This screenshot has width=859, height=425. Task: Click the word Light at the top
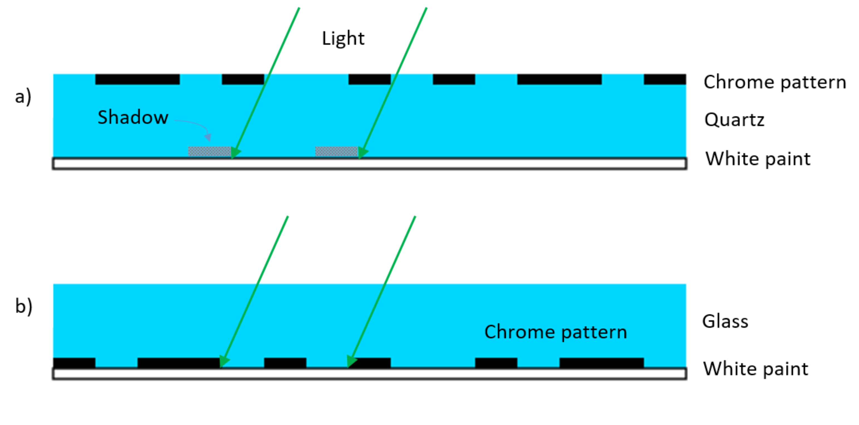(x=343, y=39)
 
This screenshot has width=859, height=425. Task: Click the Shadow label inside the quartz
(x=133, y=117)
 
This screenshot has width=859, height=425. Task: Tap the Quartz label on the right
(x=734, y=120)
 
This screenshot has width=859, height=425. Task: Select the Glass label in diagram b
(x=725, y=321)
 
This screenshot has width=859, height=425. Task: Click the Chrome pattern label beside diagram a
(x=775, y=82)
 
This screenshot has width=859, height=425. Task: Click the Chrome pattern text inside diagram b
(x=556, y=332)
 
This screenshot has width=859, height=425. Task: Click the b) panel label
(x=24, y=306)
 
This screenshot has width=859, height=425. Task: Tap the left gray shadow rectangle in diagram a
(x=209, y=151)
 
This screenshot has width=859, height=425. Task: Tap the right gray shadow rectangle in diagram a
(x=337, y=151)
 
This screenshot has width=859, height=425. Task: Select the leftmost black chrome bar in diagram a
(x=138, y=79)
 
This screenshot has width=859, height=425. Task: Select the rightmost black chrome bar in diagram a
(x=665, y=79)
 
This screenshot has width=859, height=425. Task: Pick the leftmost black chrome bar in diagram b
(x=74, y=362)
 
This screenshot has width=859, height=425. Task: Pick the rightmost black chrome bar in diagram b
(x=601, y=362)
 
